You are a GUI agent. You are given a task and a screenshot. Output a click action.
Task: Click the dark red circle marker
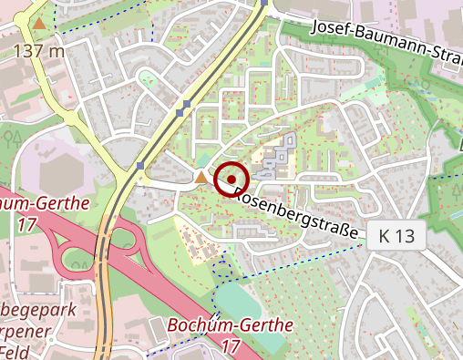231,179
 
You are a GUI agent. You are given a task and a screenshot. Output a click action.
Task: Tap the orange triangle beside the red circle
201,176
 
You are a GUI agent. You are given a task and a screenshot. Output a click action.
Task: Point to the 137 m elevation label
38,50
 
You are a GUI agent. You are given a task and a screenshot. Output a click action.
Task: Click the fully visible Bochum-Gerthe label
230,325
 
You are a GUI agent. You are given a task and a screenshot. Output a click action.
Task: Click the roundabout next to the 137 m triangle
68,118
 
